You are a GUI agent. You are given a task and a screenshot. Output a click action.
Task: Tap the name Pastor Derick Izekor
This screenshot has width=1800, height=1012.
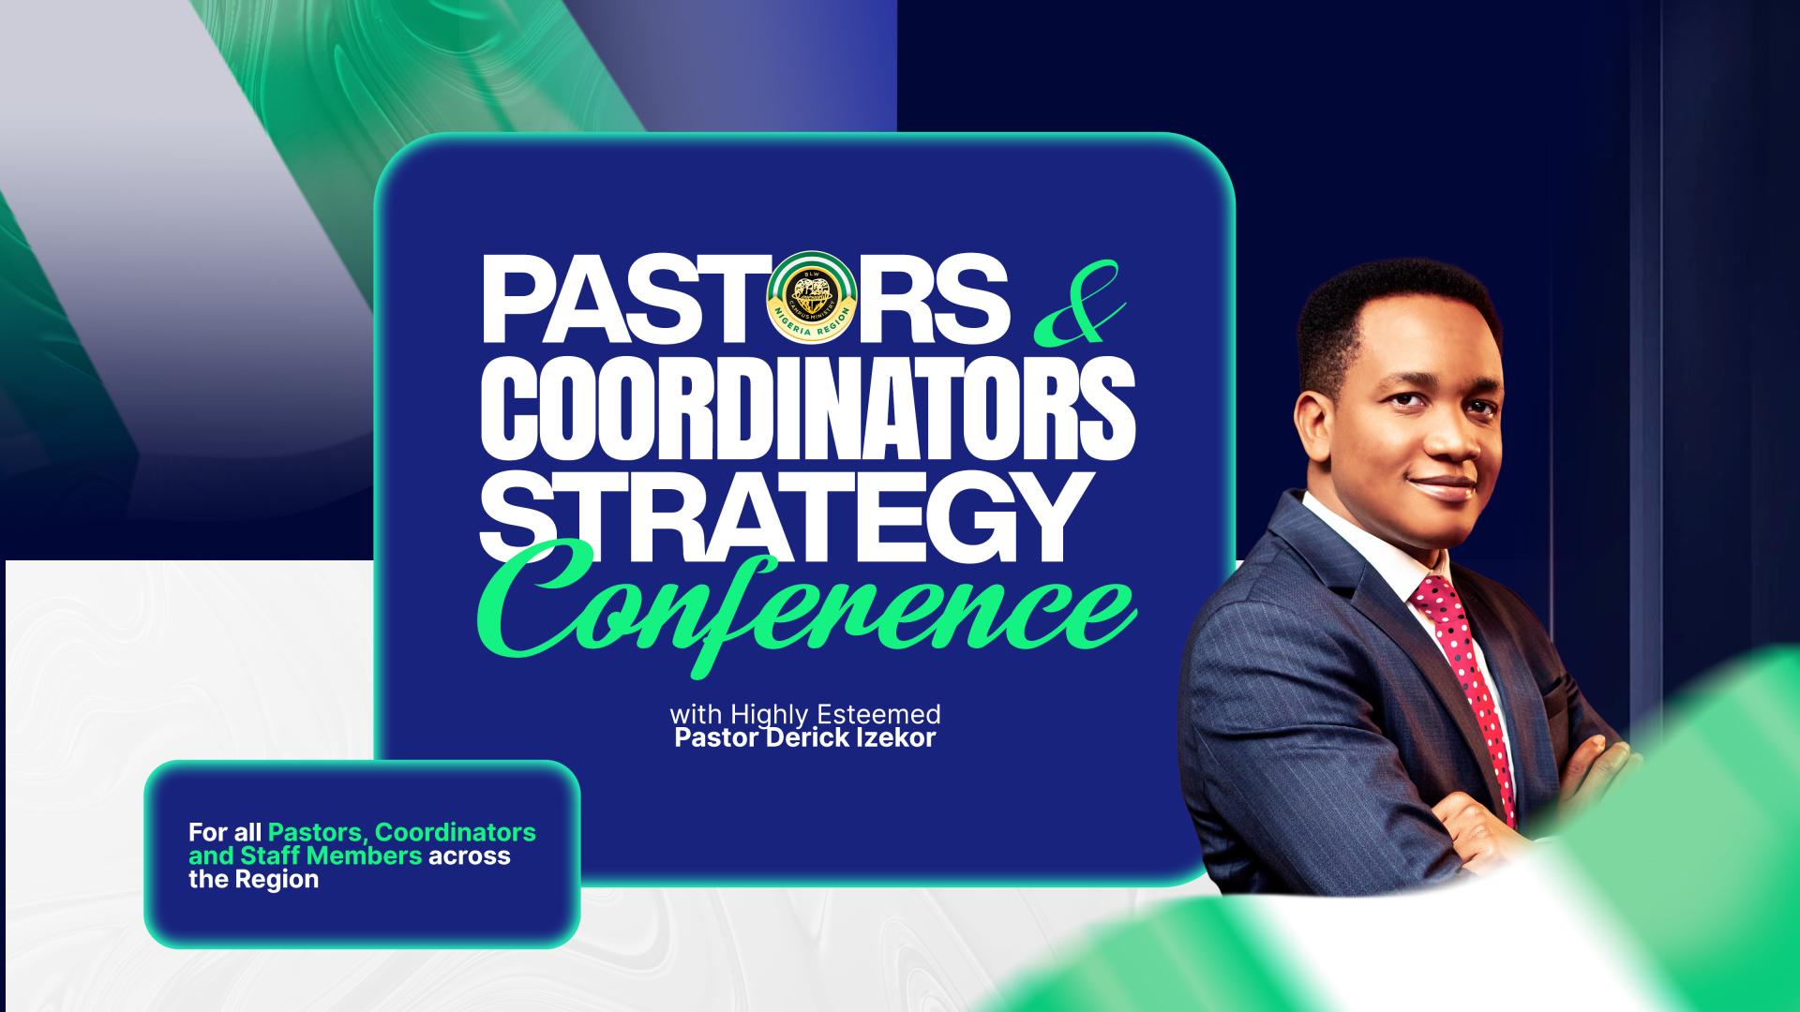(804, 738)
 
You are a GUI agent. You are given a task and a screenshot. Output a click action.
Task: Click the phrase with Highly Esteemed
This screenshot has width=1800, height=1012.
(804, 715)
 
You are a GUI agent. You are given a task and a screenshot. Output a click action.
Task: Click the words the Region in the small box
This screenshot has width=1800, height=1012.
(253, 880)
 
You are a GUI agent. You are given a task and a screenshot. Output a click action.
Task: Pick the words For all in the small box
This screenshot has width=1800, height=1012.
(225, 831)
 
